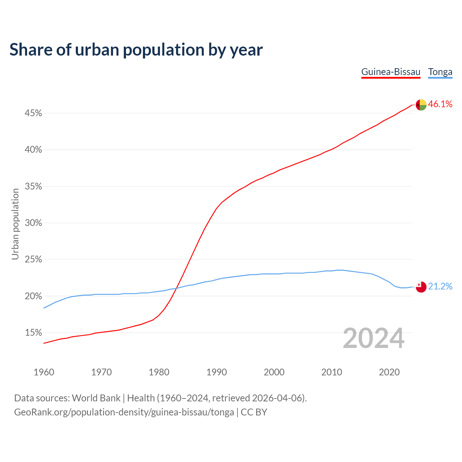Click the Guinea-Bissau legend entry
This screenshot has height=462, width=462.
(x=391, y=72)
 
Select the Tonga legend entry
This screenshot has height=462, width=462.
(x=440, y=72)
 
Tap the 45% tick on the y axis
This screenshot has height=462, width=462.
(x=33, y=113)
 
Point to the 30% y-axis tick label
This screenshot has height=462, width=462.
(x=33, y=223)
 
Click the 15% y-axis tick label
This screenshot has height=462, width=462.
(x=33, y=332)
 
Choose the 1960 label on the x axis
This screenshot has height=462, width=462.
(x=44, y=372)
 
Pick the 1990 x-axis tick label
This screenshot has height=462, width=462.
(x=217, y=372)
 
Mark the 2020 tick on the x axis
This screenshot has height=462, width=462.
(x=389, y=372)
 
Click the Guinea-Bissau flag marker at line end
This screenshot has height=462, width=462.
(x=421, y=105)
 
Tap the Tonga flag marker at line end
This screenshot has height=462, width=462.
(x=421, y=287)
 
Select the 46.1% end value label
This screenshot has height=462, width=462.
(x=440, y=104)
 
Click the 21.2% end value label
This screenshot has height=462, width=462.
(x=440, y=287)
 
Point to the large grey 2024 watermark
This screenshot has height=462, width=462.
(x=374, y=339)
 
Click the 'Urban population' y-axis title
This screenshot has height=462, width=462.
(x=15, y=224)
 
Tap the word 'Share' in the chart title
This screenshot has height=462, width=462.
(x=31, y=49)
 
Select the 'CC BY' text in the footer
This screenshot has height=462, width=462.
(x=254, y=412)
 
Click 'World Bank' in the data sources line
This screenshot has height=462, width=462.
(x=96, y=398)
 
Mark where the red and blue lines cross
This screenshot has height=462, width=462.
(x=176, y=288)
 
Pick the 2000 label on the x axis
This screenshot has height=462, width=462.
(x=274, y=372)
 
